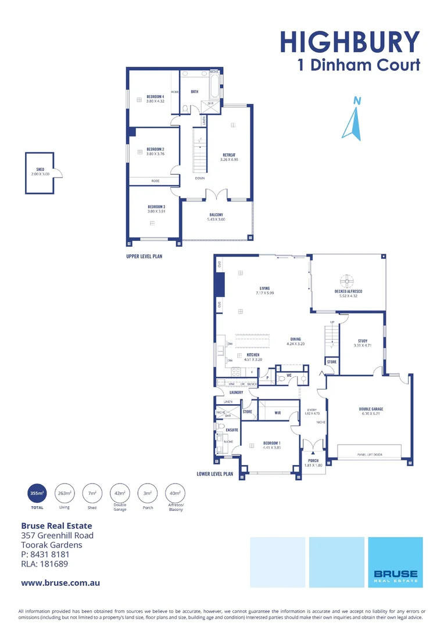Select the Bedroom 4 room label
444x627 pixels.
point(155,98)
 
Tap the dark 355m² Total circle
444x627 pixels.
point(37,493)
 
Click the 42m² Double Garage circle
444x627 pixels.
point(119,493)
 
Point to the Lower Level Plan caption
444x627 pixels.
point(215,474)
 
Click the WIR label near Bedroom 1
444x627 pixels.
point(278,413)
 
